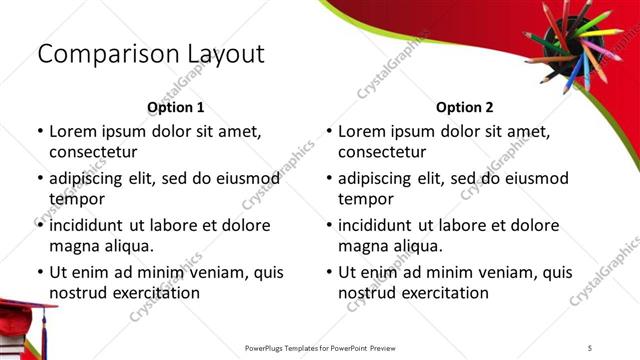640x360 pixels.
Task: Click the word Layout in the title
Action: click(x=223, y=54)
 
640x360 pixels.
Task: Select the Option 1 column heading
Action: click(x=175, y=107)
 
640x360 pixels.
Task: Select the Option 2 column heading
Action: click(x=464, y=107)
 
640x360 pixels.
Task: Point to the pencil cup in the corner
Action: click(x=567, y=45)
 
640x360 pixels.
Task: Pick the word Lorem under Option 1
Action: click(x=73, y=131)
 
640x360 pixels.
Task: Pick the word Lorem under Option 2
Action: click(x=362, y=131)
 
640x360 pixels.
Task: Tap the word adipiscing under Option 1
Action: click(x=91, y=179)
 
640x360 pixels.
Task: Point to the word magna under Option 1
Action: click(x=73, y=246)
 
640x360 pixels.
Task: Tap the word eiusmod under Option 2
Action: click(x=532, y=179)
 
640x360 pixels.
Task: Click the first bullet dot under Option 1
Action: click(x=39, y=132)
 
